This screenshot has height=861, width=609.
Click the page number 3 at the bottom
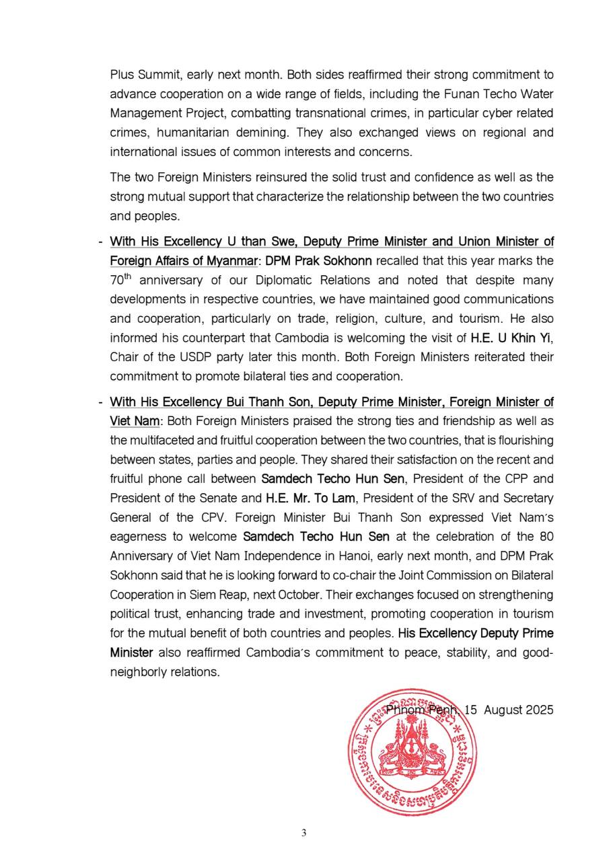point(303,833)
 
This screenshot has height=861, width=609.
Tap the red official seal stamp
point(412,752)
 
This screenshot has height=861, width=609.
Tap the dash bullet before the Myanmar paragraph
point(100,241)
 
